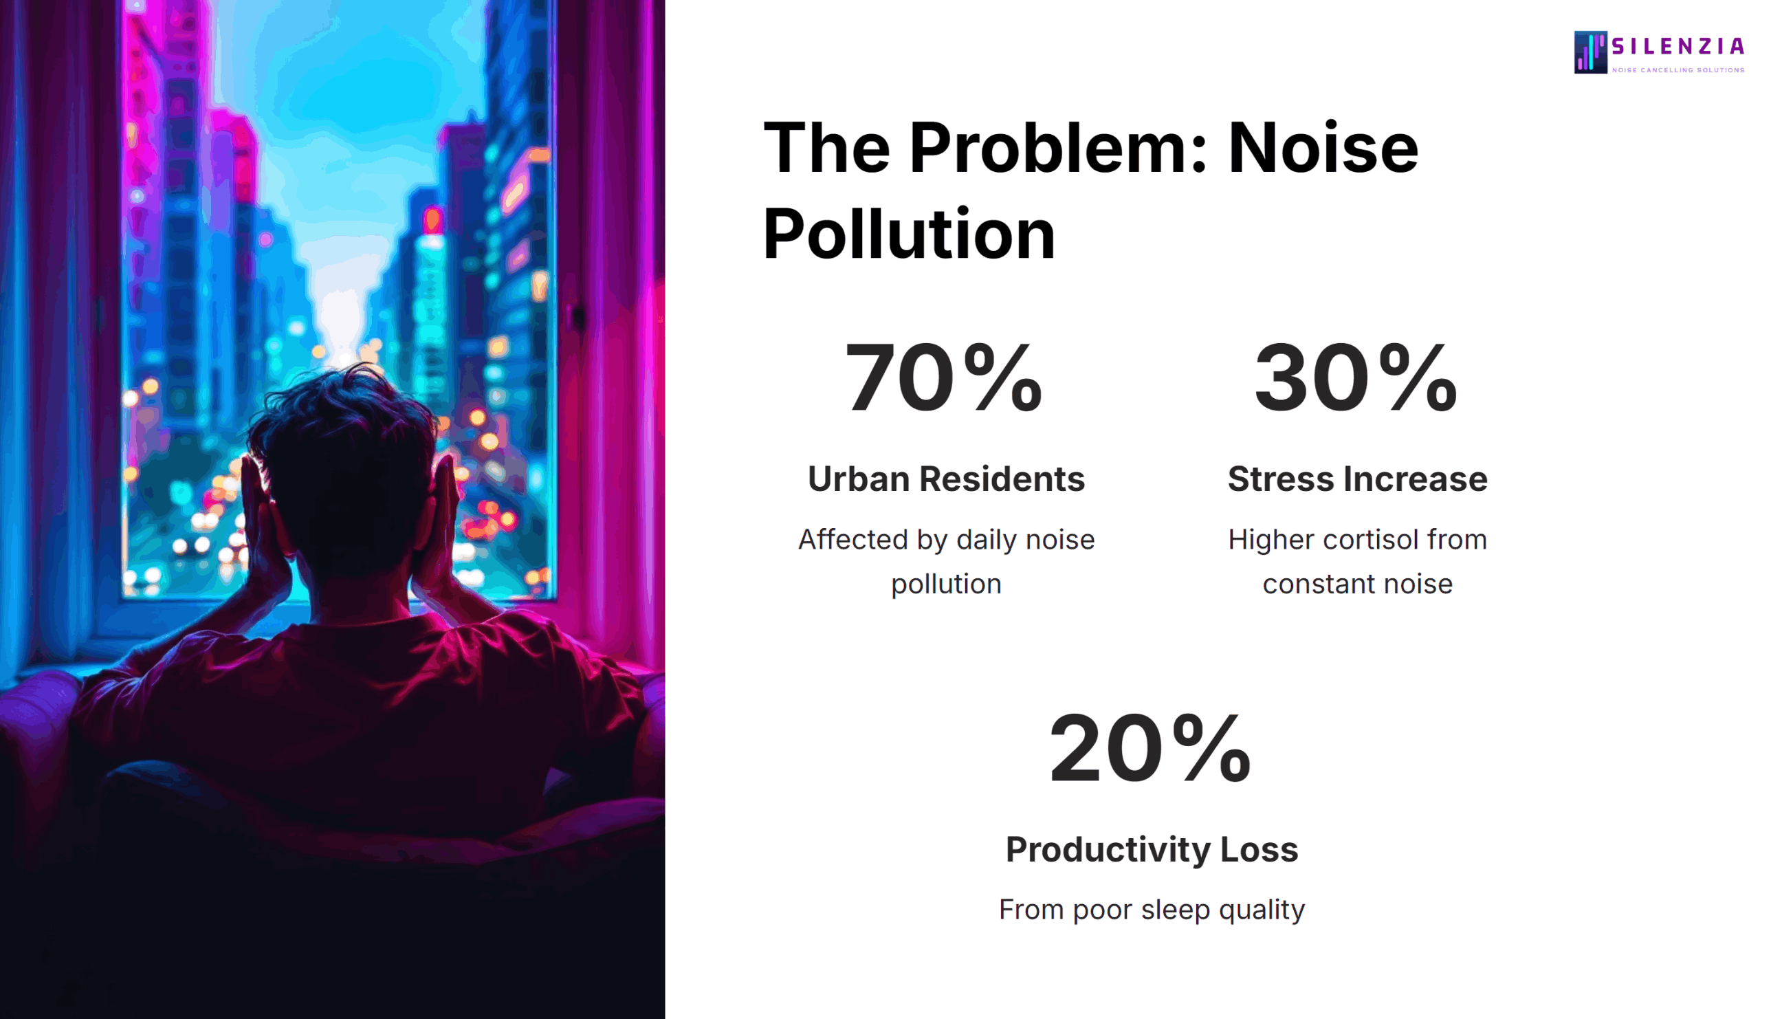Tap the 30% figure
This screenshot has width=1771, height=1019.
[1355, 378]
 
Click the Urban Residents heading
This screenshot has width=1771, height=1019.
[946, 479]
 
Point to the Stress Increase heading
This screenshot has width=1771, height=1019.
[1356, 479]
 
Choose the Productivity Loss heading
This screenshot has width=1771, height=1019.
[1152, 850]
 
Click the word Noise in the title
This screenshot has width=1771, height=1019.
[1323, 149]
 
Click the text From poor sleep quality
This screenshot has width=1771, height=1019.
[1152, 910]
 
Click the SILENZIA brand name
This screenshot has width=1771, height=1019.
[1677, 46]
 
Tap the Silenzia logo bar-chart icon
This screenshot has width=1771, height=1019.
[1589, 52]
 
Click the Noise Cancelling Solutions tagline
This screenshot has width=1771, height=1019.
[1677, 70]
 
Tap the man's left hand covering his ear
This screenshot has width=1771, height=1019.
[261, 518]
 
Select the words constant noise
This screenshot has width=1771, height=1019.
[1356, 584]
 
